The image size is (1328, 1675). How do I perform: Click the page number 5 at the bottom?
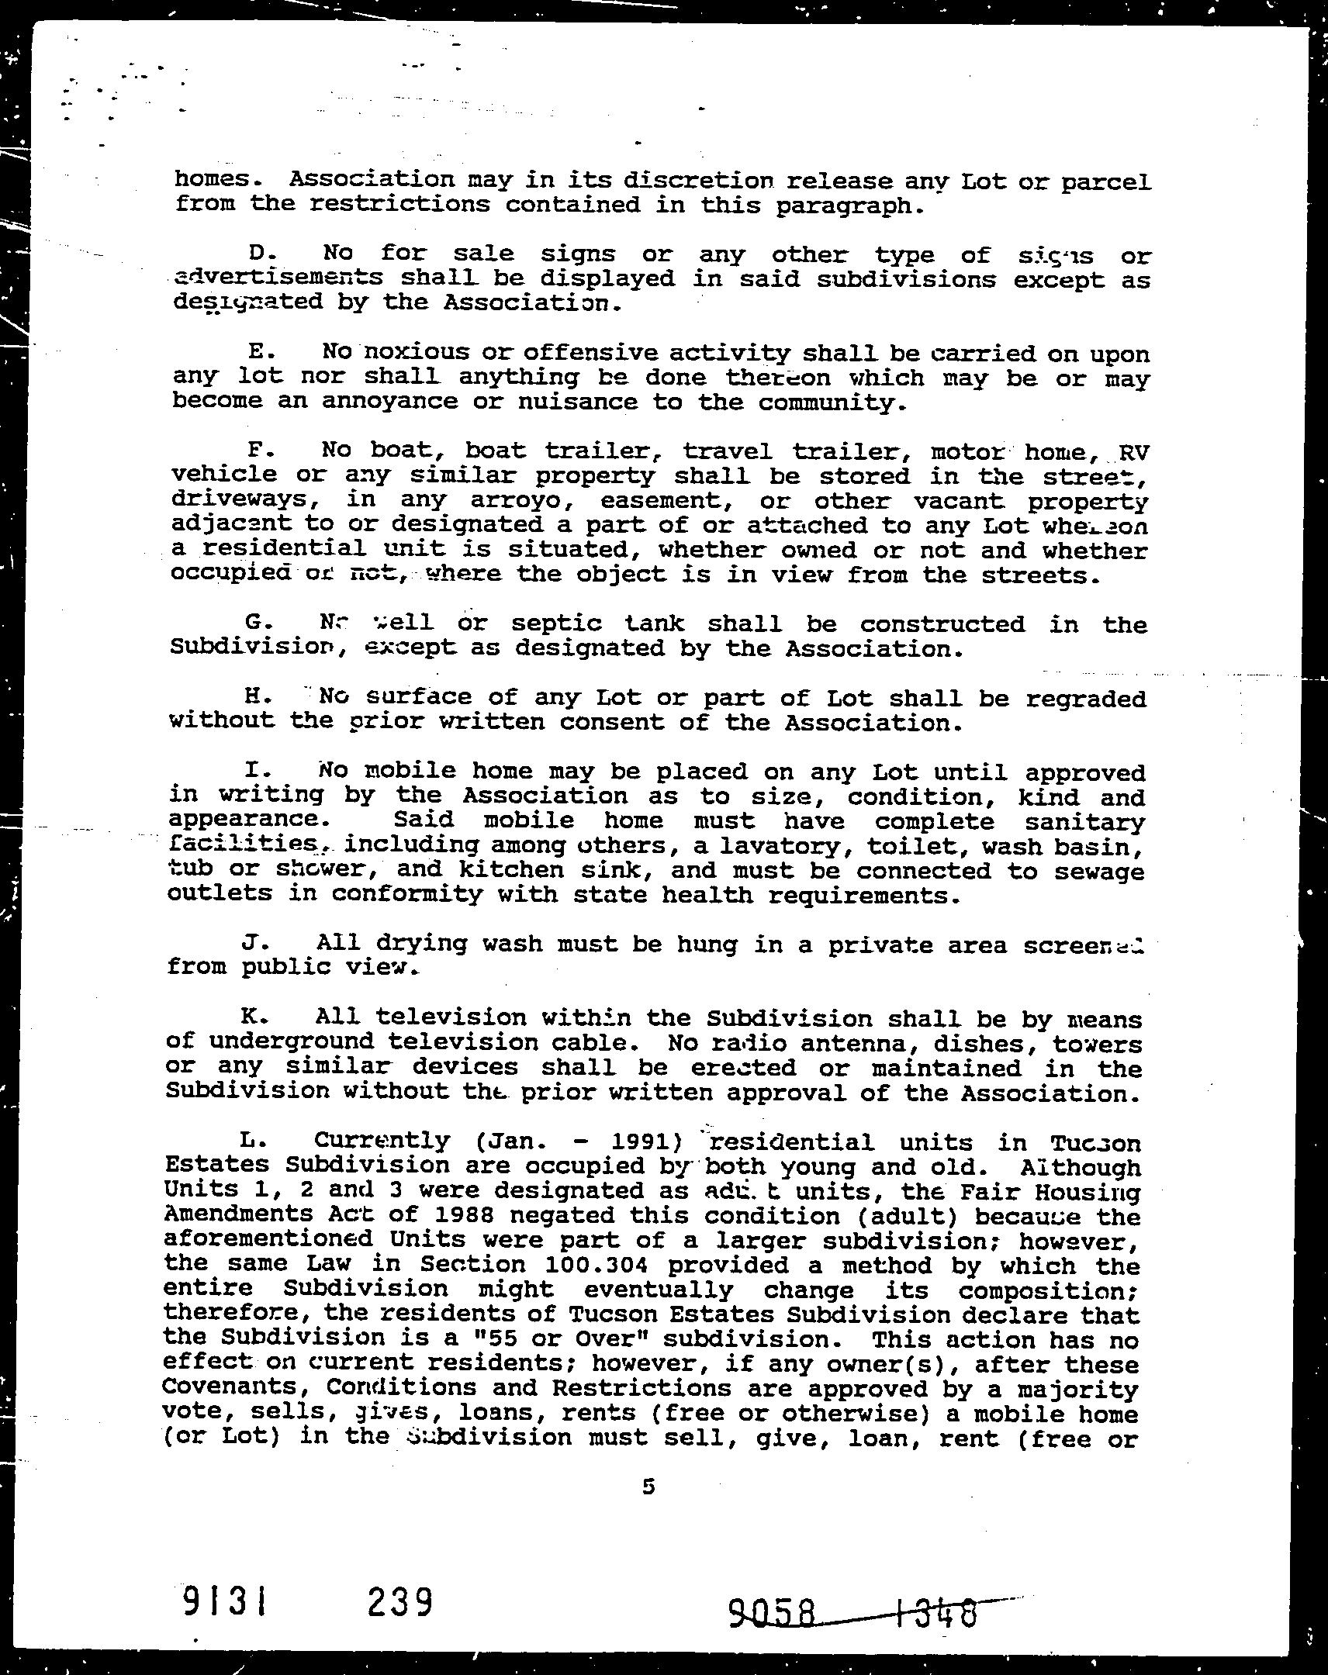coord(648,1487)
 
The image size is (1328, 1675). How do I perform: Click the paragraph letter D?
coord(258,254)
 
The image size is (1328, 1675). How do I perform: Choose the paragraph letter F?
coord(255,450)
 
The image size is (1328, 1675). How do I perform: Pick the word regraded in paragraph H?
coord(1085,699)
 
